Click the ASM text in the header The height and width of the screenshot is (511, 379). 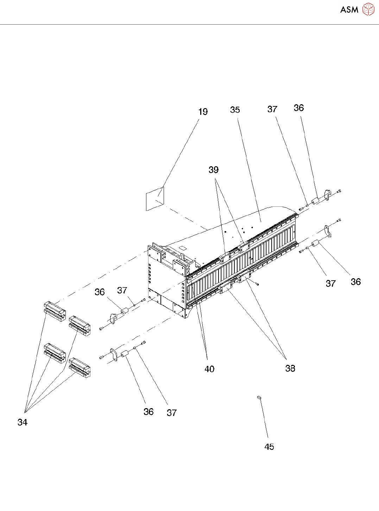(349, 10)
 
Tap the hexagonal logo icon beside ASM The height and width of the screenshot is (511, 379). (368, 10)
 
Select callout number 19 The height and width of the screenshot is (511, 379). (203, 112)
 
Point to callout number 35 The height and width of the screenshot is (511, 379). (235, 110)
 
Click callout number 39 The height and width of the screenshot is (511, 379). (214, 170)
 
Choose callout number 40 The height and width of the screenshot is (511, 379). (209, 369)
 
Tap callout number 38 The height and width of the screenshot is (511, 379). (290, 368)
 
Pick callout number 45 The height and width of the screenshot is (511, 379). (269, 447)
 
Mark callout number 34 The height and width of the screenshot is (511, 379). (23, 422)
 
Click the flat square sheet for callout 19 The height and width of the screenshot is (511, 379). (155, 199)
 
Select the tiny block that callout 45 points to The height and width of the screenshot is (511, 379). (259, 397)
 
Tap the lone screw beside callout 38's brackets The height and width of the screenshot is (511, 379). (258, 284)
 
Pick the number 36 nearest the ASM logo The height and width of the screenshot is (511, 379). (298, 108)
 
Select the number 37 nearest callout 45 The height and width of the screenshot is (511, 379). (172, 413)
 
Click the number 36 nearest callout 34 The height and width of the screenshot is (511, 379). (149, 412)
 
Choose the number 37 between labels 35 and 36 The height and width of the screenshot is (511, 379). (272, 109)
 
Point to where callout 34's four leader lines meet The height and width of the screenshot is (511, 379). (25, 412)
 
